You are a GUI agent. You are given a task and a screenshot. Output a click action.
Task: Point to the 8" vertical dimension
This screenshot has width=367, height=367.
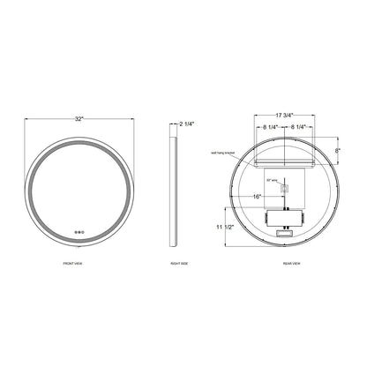(338, 152)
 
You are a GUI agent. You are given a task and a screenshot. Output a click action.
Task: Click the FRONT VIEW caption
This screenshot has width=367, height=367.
(80, 263)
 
